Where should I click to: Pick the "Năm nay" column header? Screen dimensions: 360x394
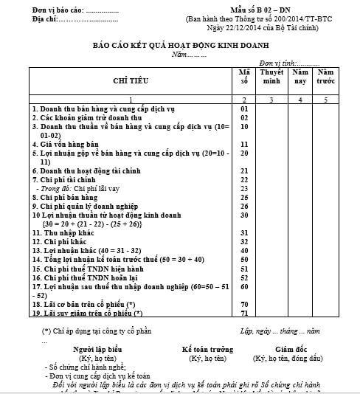[300, 77]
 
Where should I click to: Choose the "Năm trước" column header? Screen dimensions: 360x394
[327, 77]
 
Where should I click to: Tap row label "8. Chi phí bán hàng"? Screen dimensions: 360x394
[66, 198]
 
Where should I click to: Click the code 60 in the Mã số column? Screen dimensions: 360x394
[243, 286]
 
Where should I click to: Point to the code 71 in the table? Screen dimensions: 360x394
[243, 314]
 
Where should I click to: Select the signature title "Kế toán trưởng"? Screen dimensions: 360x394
[208, 348]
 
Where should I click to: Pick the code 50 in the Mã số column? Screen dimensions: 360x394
[243, 260]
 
